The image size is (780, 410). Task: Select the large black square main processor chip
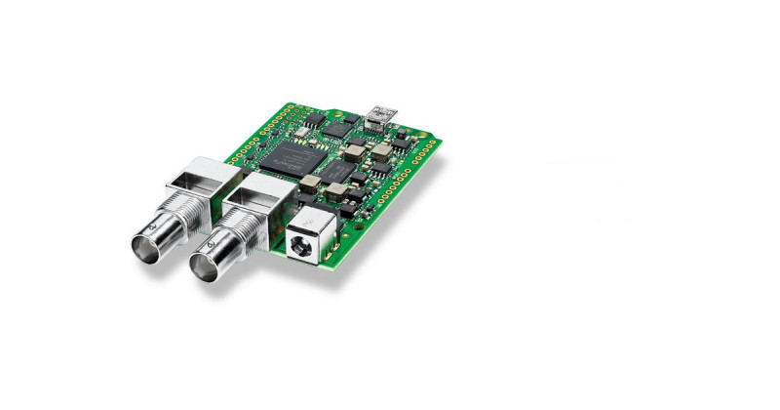292,156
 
